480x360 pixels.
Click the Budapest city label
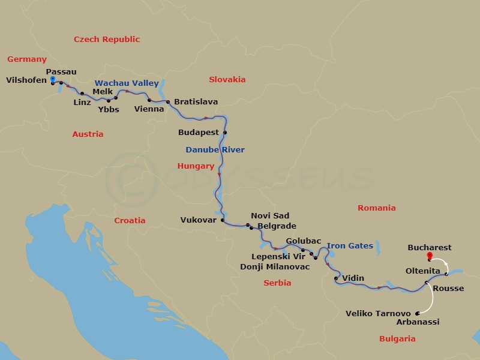click(200, 132)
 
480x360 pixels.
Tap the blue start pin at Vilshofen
click(53, 80)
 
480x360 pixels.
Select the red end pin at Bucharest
click(429, 256)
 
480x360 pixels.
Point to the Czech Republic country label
click(107, 40)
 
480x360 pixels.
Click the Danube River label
click(215, 149)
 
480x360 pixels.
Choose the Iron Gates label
click(350, 246)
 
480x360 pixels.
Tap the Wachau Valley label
click(127, 83)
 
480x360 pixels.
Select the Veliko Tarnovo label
click(379, 314)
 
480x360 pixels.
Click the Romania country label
click(377, 208)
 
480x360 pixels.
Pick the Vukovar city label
click(198, 220)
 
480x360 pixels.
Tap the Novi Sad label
click(270, 216)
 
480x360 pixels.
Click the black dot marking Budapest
click(225, 133)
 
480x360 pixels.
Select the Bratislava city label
click(196, 102)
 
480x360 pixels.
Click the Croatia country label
click(130, 220)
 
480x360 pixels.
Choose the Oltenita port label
click(423, 271)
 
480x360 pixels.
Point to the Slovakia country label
click(227, 79)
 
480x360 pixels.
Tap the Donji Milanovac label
click(275, 266)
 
